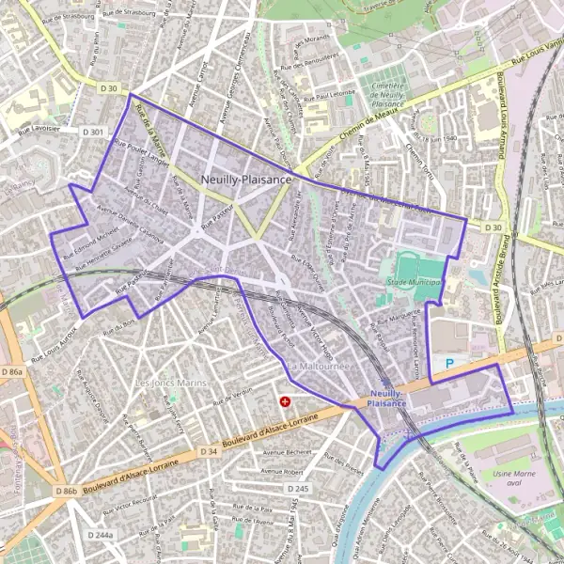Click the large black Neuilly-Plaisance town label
click(245, 179)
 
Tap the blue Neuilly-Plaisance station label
click(387, 398)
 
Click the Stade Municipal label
click(414, 282)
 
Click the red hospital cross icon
click(285, 401)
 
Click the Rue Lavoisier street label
click(39, 129)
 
